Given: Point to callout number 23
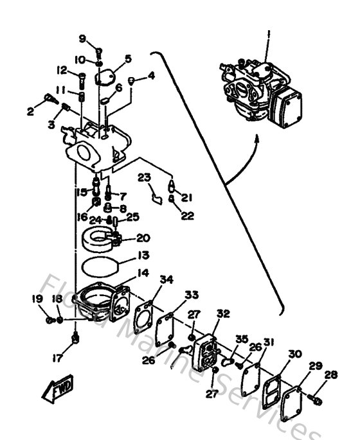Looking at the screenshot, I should pyautogui.click(x=143, y=177).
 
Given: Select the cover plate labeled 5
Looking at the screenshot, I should pyautogui.click(x=104, y=78).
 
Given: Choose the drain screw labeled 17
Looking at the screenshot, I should pyautogui.click(x=75, y=337).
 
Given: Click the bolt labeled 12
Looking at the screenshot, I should pyautogui.click(x=82, y=82).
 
